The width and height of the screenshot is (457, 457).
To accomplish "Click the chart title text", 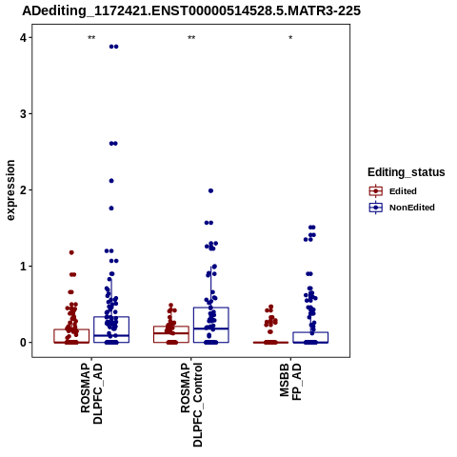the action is click(x=191, y=11).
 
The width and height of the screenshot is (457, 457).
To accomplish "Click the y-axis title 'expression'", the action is click(x=10, y=190).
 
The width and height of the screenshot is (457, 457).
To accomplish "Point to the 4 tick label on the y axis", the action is click(x=23, y=38).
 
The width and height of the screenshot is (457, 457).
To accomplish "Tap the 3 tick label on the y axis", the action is click(x=23, y=114).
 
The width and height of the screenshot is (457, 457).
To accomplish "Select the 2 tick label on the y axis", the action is click(x=23, y=190).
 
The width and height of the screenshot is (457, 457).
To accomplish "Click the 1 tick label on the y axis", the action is click(x=23, y=267).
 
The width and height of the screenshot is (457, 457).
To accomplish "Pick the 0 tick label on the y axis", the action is click(x=23, y=343).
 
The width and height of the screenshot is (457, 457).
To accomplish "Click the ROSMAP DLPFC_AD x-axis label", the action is click(x=91, y=393).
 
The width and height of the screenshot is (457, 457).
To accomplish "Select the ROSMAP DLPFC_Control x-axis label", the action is click(x=191, y=405).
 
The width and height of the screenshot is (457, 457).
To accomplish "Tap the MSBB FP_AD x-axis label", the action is click(x=290, y=382).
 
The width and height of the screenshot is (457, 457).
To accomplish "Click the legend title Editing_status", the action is click(x=407, y=172).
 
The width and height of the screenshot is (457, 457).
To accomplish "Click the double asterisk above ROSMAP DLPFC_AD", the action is click(x=91, y=38).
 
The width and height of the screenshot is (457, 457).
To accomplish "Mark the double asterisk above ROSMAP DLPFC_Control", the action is click(x=191, y=38).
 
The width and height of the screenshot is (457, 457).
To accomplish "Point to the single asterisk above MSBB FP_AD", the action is click(x=290, y=37).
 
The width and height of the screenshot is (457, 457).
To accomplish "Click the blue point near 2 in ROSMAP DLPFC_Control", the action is click(x=210, y=190).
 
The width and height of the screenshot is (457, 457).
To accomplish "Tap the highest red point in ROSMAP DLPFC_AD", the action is click(x=71, y=252).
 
